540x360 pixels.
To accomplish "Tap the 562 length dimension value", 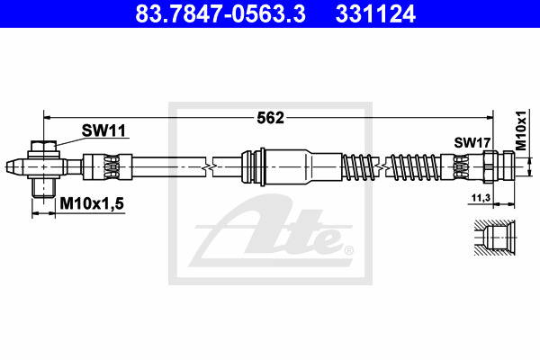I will pos(270,117).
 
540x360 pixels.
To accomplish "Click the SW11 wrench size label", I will pos(103,130).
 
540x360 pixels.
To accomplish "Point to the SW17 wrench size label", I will pos(471,142).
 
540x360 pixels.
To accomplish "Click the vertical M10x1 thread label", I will pos(520,132).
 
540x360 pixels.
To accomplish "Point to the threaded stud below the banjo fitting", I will pos(41,186).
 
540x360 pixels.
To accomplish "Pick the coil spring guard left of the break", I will pos(360,166).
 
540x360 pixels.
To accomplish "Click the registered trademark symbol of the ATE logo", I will pos(348,250).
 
